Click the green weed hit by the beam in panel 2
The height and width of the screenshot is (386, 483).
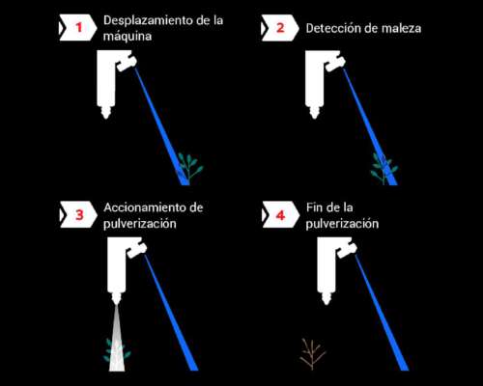click(x=384, y=167)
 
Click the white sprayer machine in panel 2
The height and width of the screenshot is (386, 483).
click(x=320, y=82)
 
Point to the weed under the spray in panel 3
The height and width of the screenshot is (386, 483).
click(x=115, y=349)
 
